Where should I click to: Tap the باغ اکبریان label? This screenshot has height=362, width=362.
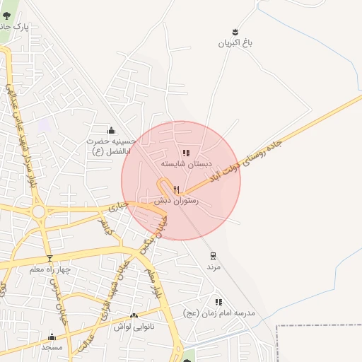(235, 43)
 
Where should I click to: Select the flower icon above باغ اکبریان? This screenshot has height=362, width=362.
(235, 31)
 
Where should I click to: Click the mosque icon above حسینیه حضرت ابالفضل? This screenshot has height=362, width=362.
(110, 130)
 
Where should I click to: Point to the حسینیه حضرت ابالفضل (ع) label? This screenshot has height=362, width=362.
(110, 146)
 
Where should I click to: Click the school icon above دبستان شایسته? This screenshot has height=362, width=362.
(186, 153)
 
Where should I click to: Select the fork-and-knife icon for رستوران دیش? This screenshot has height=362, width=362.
(177, 189)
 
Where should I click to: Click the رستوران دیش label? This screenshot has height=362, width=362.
(177, 201)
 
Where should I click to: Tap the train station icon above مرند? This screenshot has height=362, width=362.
(213, 256)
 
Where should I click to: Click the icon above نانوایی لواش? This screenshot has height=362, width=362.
(134, 315)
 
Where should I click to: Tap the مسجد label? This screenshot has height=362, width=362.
(52, 347)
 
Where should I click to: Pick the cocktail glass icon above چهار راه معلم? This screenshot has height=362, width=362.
(49, 258)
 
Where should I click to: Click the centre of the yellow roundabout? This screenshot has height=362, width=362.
(37, 211)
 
